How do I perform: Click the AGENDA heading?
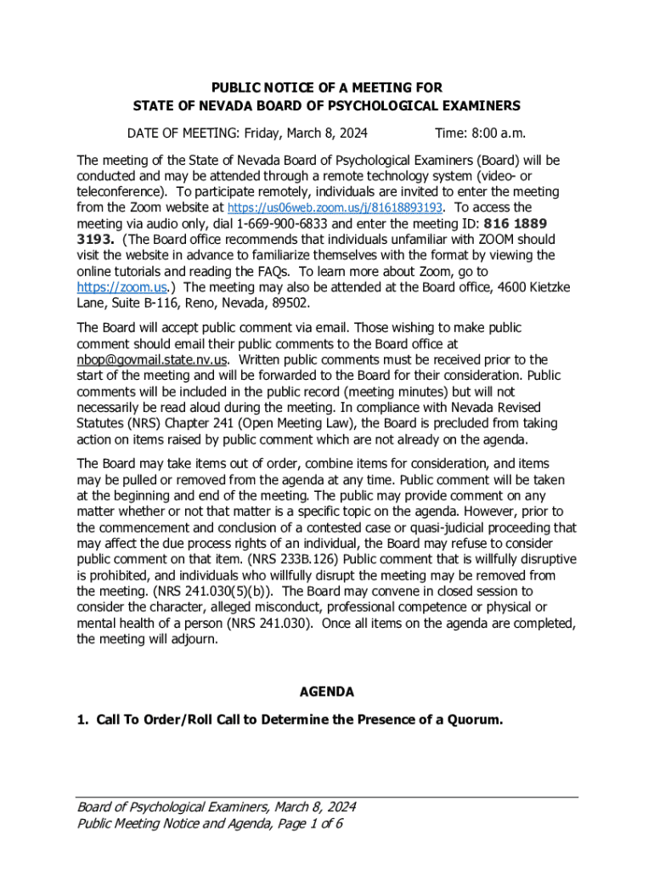[327, 692]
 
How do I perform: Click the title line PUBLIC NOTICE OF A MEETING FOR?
[327, 88]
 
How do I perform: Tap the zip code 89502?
[288, 303]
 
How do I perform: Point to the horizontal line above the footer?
[327, 797]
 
